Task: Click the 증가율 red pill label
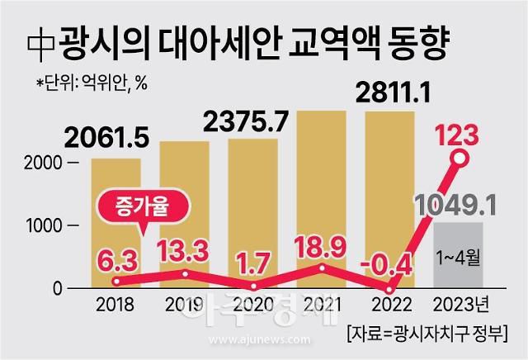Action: click(x=137, y=207)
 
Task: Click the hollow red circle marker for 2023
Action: click(x=460, y=158)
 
